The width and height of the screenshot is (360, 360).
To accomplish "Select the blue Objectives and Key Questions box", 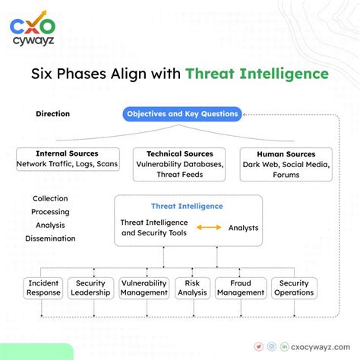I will coord(182,114).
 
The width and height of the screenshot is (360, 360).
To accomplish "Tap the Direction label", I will coord(52,114).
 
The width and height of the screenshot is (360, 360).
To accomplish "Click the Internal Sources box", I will coord(67,159).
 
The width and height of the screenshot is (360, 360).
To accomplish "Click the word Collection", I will coord(50,199).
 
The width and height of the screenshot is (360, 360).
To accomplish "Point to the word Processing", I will coord(50,212).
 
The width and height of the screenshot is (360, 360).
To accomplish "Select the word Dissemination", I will coord(50,238).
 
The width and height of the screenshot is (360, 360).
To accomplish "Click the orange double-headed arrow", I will coord(209,228).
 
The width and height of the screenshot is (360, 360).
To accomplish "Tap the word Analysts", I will coord(243,228).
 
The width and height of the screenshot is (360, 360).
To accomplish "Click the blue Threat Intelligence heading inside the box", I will coord(187,206).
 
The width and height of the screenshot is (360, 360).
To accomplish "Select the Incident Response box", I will coord(43,288).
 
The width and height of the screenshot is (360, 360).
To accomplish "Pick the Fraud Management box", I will coord(240,288).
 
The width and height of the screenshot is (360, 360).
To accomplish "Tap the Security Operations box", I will coord(294,288).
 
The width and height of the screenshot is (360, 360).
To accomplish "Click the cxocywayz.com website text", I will coord(320,346).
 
